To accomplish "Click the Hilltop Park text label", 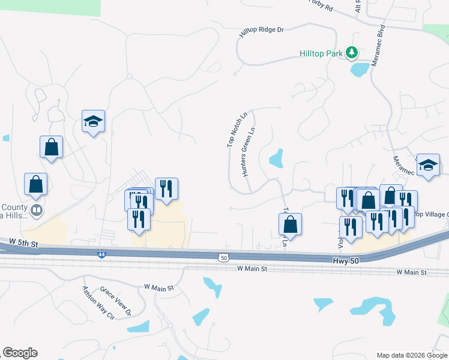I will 321,53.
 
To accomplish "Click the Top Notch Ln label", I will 237,130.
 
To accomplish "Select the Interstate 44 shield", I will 102,254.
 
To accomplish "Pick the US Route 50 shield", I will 223,257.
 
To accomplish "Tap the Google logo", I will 20,353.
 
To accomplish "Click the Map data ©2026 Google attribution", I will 412,355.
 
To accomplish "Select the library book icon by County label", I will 37,210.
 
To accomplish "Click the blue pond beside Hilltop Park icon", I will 360,69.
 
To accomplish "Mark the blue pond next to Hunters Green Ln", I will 276,158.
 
